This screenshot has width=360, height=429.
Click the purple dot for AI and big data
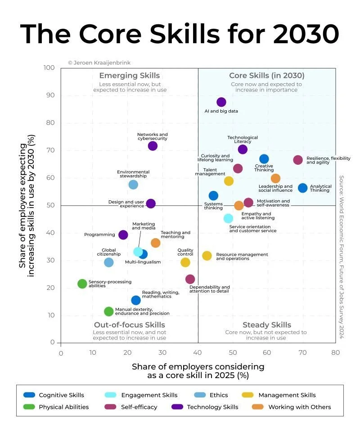tap(221, 102)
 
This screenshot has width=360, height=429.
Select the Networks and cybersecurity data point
tap(153, 146)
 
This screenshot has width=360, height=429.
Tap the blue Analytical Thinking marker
tap(303, 188)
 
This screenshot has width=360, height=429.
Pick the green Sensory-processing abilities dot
tap(82, 284)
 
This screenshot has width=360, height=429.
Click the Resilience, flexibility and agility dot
tap(298, 160)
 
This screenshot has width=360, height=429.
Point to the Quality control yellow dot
tap(185, 262)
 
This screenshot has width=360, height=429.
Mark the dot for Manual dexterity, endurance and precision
tap(108, 312)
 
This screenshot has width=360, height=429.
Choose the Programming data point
tap(123, 235)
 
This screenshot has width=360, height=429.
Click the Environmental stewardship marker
tap(133, 185)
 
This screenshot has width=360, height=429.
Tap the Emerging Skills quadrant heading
tap(129, 76)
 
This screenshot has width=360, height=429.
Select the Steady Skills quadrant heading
tap(267, 325)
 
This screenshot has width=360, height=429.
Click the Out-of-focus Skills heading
tap(129, 325)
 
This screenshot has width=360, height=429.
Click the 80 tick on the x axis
tap(335, 353)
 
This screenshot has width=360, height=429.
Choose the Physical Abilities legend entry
tap(63, 407)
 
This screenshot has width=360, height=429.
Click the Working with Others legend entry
tap(299, 407)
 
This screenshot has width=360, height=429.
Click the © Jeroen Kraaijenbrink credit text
tap(99, 63)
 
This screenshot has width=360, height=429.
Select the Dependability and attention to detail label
tap(209, 289)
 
